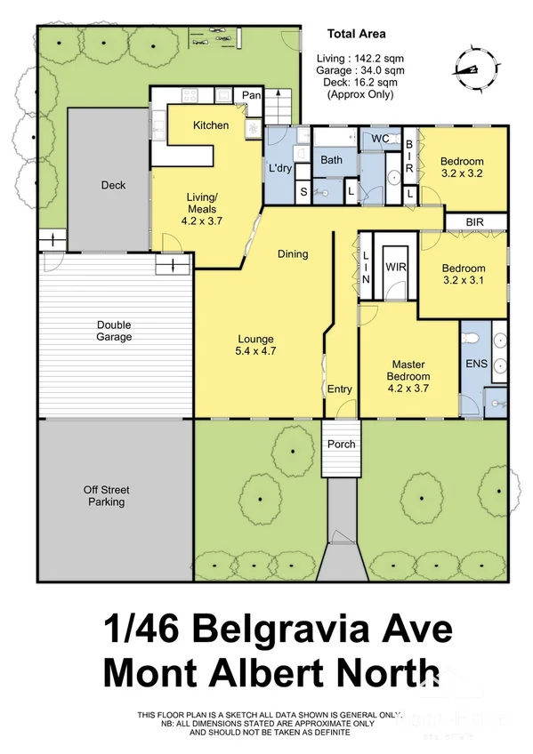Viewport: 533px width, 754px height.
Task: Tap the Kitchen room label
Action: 211,125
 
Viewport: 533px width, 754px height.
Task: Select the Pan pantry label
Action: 251,94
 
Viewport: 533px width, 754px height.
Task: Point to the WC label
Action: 380,139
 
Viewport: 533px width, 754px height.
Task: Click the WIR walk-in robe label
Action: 395,266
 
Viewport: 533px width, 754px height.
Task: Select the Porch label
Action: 341,444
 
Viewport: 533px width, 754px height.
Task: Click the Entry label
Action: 339,389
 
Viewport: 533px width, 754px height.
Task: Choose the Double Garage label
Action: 114,331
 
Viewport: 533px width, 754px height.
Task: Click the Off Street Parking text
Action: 105,495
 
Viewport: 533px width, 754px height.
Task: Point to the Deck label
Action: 113,186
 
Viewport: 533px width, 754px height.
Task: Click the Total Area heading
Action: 356,35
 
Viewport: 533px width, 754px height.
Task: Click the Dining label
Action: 292,254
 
